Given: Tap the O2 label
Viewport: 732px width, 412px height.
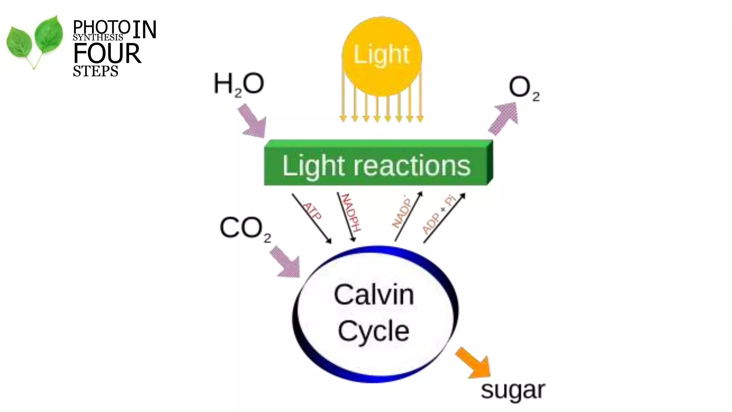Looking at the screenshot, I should [x=524, y=88].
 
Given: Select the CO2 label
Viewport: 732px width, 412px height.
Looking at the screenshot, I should [x=245, y=228].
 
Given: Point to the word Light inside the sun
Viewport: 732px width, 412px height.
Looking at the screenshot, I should [x=381, y=54].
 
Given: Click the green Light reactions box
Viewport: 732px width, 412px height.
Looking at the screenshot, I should [x=377, y=165].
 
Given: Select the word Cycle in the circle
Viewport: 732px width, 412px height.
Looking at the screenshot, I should [x=374, y=331].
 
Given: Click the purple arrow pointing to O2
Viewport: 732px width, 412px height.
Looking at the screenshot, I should [x=503, y=118].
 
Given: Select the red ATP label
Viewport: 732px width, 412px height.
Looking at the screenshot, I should [x=312, y=211].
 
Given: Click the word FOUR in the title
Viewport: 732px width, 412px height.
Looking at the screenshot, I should [x=107, y=54].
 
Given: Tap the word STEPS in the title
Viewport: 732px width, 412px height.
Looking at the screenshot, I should [x=95, y=71].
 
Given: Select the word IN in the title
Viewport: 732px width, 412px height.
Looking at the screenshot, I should [x=144, y=29].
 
